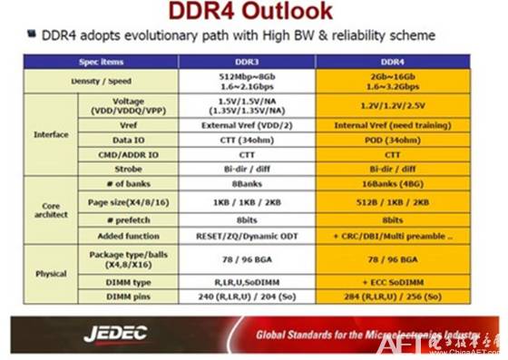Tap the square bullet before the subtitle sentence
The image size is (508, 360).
[x=31, y=36]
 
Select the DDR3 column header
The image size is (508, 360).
[x=247, y=62]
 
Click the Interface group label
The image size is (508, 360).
[x=51, y=134]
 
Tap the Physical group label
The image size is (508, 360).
[x=51, y=274]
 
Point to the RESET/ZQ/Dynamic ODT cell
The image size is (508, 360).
[x=247, y=234]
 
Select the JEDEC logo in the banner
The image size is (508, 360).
[x=115, y=334]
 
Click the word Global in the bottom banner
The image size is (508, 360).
[x=274, y=334]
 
